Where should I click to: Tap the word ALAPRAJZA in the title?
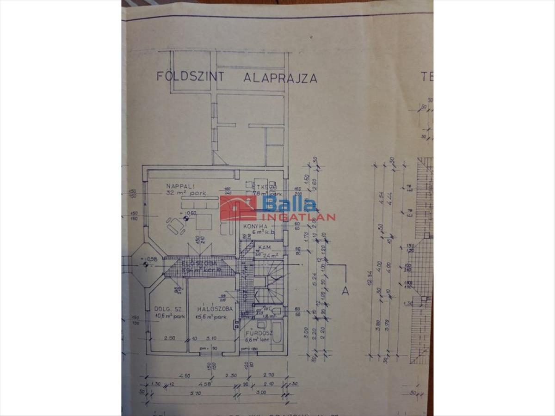[280, 78]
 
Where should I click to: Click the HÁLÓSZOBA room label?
[215, 308]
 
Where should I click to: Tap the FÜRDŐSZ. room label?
[258, 332]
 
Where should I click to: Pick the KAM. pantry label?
[265, 248]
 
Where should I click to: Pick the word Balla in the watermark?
[290, 204]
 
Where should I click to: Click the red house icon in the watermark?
[238, 208]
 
